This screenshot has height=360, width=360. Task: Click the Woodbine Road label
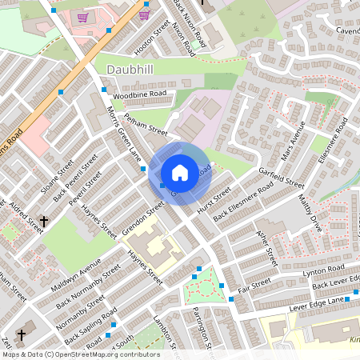[x=139, y=95]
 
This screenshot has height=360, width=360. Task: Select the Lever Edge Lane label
[x=317, y=300]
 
